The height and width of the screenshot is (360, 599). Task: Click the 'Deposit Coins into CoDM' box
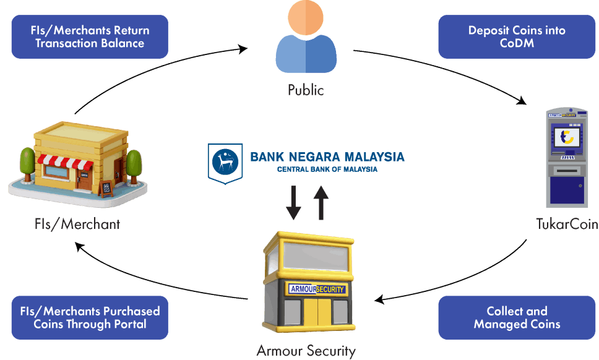517,36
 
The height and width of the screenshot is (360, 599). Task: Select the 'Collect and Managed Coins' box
517,317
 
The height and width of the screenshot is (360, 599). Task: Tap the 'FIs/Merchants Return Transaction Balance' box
90,36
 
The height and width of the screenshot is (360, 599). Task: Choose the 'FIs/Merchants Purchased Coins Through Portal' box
90,317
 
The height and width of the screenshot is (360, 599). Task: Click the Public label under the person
306,90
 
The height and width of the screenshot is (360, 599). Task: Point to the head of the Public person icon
306,17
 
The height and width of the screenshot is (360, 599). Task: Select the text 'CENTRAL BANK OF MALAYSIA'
327,169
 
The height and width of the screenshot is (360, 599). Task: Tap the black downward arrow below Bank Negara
293,202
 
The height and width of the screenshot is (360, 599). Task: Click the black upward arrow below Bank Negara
321,202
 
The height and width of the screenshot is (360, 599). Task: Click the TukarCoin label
567,224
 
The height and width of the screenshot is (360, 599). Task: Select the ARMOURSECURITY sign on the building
317,289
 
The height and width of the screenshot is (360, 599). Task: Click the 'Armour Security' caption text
306,351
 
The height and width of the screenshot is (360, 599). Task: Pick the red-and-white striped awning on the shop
65,162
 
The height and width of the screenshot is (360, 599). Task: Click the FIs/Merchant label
77,224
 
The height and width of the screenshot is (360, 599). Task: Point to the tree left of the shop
27,164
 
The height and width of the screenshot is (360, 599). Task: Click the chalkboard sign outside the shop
106,189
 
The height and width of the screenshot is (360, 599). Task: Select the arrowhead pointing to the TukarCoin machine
522,101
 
